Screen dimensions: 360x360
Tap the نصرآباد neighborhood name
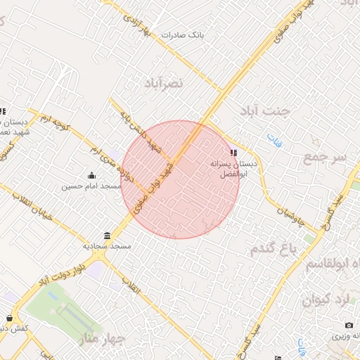[163, 83]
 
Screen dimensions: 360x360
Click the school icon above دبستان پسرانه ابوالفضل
[234, 152]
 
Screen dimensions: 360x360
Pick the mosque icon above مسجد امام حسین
[91, 175]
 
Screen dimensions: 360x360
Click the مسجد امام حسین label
[86, 186]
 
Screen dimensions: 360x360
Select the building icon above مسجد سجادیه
[107, 236]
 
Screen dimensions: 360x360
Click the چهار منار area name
[103, 338]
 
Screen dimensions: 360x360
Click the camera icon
[349, 325]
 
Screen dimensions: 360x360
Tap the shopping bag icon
[9, 318]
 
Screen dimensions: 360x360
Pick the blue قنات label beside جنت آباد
[275, 139]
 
